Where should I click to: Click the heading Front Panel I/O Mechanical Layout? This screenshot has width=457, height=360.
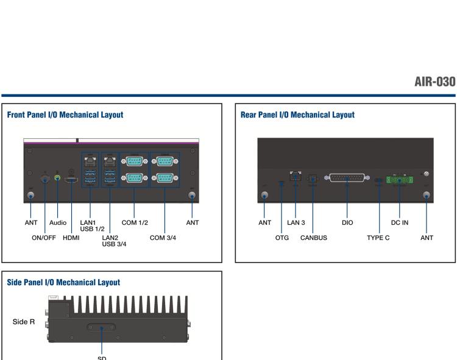pos(65,115)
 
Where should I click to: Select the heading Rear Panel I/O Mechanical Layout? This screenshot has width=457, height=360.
pos(297,115)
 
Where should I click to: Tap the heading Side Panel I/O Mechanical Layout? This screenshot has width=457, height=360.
pos(63,283)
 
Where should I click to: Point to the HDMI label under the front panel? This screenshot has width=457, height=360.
pos(71,238)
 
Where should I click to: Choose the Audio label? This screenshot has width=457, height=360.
pos(58,223)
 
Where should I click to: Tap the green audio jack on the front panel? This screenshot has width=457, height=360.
pos(57,178)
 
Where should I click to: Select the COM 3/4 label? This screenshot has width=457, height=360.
pos(163,238)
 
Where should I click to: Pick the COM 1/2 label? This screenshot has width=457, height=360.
pos(135,223)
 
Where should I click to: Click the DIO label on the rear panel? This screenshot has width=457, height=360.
pos(347,223)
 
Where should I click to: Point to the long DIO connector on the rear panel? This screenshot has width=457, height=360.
pos(347,178)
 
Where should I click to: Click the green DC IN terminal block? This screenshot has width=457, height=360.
pos(400,180)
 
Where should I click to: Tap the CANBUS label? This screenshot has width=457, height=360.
pos(313,238)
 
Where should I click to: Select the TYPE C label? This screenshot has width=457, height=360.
pos(378,238)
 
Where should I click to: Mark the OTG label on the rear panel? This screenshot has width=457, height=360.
pos(282,238)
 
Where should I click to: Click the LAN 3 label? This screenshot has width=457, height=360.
pos(296,223)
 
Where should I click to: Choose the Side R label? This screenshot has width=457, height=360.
pos(24,320)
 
